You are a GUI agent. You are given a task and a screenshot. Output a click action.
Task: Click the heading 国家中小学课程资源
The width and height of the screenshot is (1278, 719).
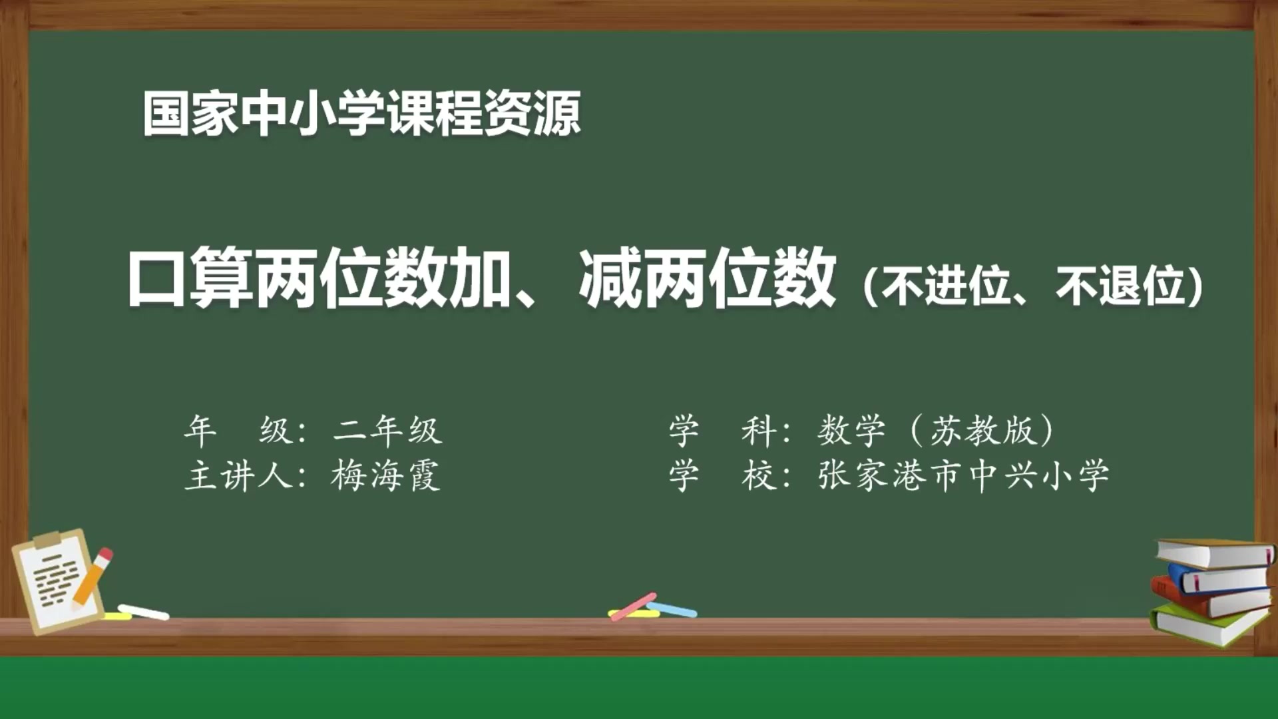tap(361, 114)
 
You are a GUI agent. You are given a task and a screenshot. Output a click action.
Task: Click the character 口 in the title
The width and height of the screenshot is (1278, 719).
tap(156, 278)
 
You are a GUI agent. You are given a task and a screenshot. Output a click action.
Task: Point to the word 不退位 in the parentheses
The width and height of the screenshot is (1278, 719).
tap(1120, 286)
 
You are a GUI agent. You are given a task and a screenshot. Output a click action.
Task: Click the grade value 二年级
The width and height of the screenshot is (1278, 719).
tap(387, 430)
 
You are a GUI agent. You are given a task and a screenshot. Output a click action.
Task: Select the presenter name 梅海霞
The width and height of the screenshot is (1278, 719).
tap(385, 476)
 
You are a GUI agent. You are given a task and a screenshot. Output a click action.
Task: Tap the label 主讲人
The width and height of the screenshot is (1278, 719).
tap(238, 476)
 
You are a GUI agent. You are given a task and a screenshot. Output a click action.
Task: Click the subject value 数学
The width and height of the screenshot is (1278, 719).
tap(852, 430)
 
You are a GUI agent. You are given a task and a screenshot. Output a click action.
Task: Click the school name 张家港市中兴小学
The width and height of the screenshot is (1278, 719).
tap(963, 476)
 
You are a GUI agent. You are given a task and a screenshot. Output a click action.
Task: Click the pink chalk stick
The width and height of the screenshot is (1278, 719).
tap(632, 606)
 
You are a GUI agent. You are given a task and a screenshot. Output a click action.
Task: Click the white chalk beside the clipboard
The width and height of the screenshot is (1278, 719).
tap(144, 611)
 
